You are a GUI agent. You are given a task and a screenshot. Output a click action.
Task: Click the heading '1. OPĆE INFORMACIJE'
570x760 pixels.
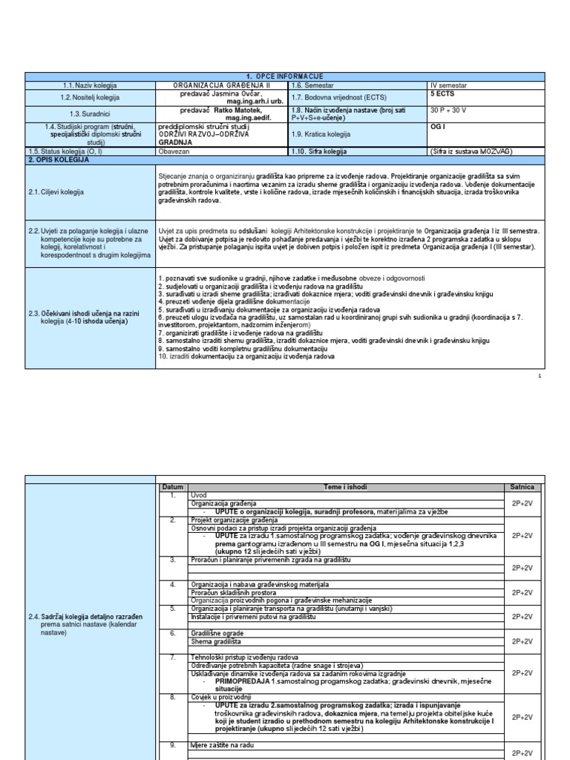[x=285, y=77]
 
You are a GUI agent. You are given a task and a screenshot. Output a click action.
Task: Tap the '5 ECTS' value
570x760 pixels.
[x=443, y=94]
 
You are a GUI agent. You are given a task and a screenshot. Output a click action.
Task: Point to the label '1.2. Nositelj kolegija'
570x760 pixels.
[x=91, y=97]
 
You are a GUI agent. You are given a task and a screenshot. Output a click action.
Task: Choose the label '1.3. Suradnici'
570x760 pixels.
[x=91, y=113]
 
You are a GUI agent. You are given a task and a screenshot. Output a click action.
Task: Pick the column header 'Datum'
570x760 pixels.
[x=171, y=487]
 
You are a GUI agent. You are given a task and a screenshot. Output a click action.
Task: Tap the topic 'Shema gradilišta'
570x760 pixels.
[x=212, y=641]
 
